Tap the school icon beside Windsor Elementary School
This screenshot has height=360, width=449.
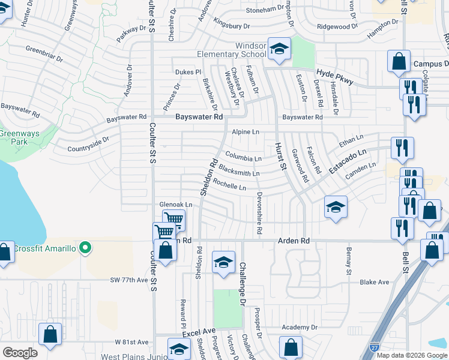pyautogui.click(x=279, y=50)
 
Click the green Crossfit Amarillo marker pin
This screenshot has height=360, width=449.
pyautogui.click(x=85, y=247)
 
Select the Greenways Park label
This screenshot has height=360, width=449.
pyautogui.click(x=13, y=137)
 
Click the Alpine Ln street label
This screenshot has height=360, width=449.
pyautogui.click(x=246, y=132)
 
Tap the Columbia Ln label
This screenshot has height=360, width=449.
pyautogui.click(x=244, y=158)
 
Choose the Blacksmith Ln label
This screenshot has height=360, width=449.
pyautogui.click(x=239, y=172)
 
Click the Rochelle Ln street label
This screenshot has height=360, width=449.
pyautogui.click(x=229, y=186)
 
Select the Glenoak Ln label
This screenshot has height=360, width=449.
pyautogui.click(x=176, y=205)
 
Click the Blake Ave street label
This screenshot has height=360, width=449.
pyautogui.click(x=374, y=282)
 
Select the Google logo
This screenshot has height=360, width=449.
pyautogui.click(x=20, y=353)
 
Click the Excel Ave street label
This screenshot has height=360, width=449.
pyautogui.click(x=199, y=331)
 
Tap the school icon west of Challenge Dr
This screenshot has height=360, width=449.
pyautogui.click(x=223, y=263)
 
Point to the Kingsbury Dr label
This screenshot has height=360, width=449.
pyautogui.click(x=231, y=26)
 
